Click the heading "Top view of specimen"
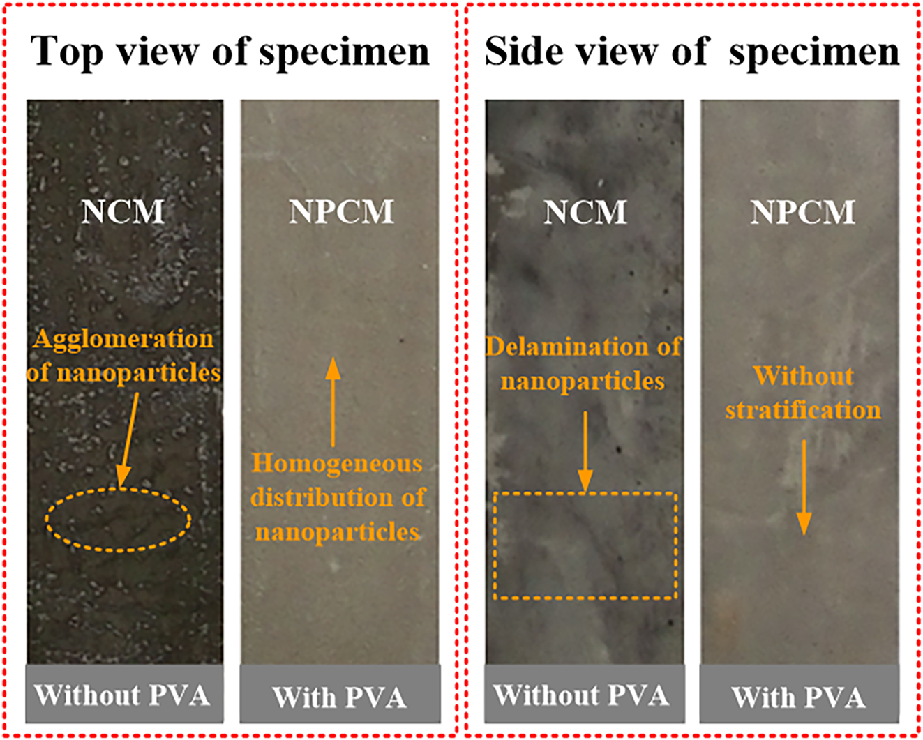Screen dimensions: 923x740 [x=230, y=52]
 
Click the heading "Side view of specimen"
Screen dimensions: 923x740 [x=692, y=52]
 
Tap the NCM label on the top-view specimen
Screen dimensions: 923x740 [x=123, y=211]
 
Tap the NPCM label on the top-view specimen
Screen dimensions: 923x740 [x=341, y=211]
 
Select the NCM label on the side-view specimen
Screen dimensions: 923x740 [x=585, y=211]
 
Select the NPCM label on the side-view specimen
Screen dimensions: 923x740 [x=802, y=211]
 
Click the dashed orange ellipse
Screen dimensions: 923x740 [x=118, y=520]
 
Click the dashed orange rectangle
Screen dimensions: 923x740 [x=585, y=545]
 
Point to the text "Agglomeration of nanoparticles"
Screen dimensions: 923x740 [x=124, y=356]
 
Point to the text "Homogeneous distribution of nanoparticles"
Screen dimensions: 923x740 [x=338, y=497]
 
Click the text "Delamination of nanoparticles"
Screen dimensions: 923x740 [x=583, y=364]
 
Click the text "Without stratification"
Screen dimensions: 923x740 [x=803, y=393]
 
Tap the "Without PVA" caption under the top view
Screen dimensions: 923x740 [x=123, y=695]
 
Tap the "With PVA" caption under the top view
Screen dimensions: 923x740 [x=340, y=696]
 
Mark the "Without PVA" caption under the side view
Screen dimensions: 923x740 [x=582, y=695]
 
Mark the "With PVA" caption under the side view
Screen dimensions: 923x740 [x=799, y=696]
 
